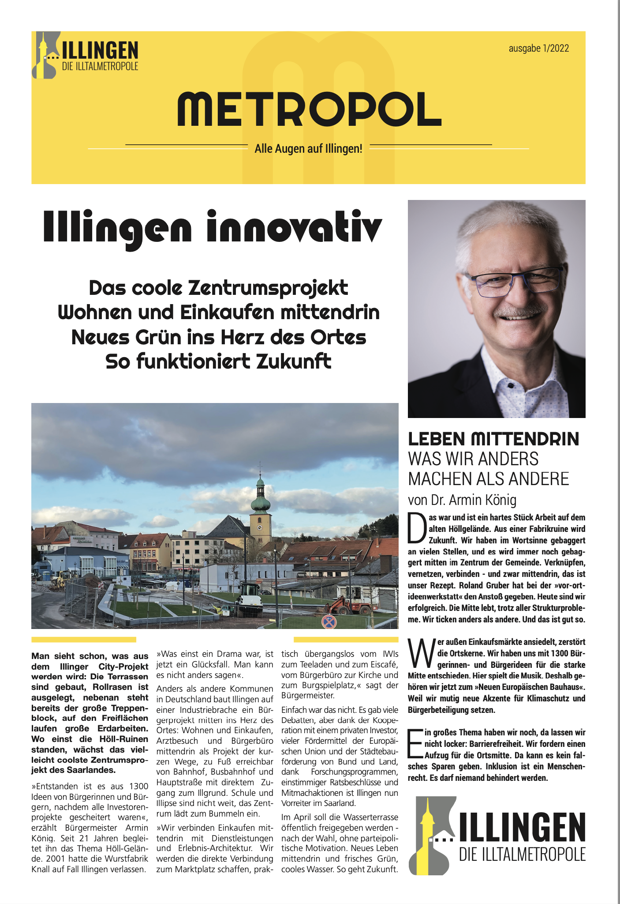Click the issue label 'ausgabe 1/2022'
[539, 48]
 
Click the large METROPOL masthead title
[309, 109]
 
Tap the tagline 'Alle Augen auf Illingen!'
[308, 149]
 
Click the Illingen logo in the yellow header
[85, 55]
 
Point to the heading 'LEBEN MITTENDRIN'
[493, 439]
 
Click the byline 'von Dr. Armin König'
[462, 500]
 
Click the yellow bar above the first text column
[84, 640]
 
